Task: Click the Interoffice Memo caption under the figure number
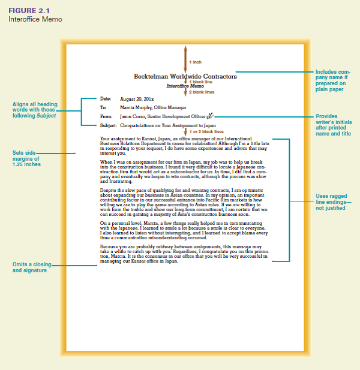[x=35, y=19]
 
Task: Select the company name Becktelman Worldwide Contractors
[x=185, y=77]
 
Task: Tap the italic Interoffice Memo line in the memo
[x=185, y=86]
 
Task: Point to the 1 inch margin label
[x=196, y=62]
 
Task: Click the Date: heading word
[x=106, y=98]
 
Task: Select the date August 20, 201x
[x=137, y=98]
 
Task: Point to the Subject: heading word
[x=109, y=126]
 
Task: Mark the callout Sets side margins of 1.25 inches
[x=27, y=158]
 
